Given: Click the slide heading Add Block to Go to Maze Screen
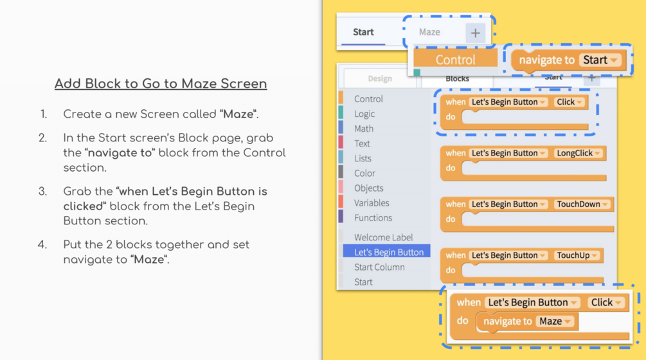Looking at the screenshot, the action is click(161, 84).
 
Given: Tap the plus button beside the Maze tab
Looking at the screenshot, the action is click(476, 33).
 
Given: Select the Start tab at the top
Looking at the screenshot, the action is click(363, 32).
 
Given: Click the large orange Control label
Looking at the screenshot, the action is click(455, 60).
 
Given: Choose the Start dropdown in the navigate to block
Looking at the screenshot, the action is click(600, 60).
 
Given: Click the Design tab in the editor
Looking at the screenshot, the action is click(380, 78).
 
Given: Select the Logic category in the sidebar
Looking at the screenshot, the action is click(364, 114).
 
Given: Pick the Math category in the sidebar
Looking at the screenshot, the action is click(364, 129).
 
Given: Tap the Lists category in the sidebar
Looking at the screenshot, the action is click(363, 158).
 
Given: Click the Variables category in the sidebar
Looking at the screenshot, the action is click(371, 203).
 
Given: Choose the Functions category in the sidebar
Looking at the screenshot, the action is click(373, 217).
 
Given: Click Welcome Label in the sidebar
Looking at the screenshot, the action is click(383, 237).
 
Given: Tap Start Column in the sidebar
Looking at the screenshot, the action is click(379, 267).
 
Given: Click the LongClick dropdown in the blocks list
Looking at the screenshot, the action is click(578, 153).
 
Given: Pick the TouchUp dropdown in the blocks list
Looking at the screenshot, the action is click(577, 255).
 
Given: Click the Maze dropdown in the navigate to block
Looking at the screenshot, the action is click(555, 321).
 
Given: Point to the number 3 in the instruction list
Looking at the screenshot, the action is click(42, 192).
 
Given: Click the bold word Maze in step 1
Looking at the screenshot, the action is click(238, 114).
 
